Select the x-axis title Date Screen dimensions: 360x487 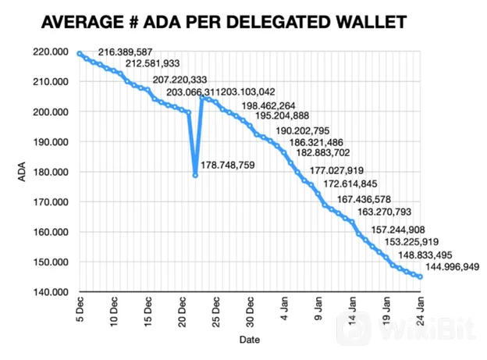250,340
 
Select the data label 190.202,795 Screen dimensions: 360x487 303,130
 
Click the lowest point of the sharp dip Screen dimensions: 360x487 195,175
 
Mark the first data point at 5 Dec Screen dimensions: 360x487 80,53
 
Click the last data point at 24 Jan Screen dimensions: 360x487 421,276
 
